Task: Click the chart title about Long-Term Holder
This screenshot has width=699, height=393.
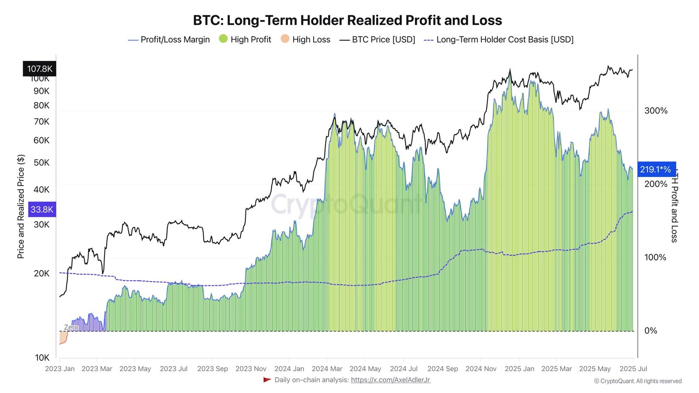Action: pos(347,20)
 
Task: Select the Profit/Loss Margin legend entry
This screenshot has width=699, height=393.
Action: pos(169,40)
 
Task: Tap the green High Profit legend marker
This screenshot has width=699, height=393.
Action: pos(223,39)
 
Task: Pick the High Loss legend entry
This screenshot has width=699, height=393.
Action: pos(305,39)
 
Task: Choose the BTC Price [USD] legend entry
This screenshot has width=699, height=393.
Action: pos(377,40)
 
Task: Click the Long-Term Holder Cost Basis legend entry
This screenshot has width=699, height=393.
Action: pos(498,40)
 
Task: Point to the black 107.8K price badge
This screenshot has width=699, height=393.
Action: pos(39,69)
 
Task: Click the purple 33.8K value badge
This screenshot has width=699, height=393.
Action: pos(42,210)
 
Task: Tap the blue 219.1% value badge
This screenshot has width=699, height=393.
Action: pos(655,169)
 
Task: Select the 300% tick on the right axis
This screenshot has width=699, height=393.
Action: pos(656,111)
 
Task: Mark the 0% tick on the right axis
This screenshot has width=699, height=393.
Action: pos(651,331)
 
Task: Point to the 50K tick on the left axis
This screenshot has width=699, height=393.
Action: pos(42,163)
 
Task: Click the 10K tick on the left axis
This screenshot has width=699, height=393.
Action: pos(42,358)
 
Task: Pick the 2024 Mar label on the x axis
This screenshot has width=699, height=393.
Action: pos(327,369)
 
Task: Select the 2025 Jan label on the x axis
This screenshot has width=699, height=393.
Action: pos(519,369)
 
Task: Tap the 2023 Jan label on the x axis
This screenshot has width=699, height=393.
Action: pos(60,369)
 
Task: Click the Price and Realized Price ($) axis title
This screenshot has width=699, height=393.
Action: pos(21,206)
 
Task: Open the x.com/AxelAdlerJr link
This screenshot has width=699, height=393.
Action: pos(391,380)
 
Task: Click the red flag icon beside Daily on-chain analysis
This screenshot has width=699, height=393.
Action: pos(267,380)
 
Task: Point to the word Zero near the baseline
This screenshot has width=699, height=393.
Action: pos(71,327)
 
